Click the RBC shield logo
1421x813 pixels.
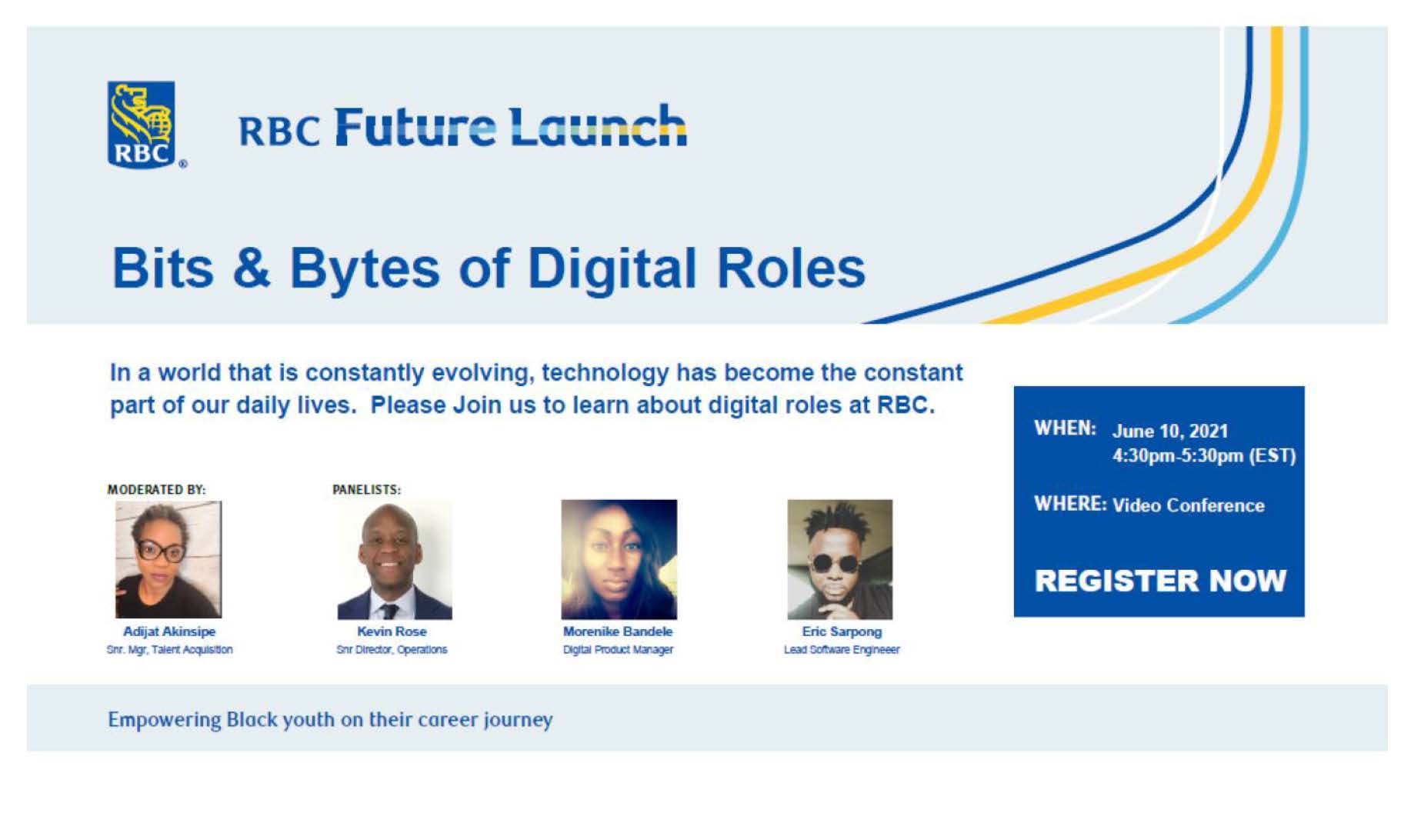(x=142, y=125)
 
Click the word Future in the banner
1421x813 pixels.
(x=415, y=127)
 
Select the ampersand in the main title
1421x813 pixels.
(x=252, y=268)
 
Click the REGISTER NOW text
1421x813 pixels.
(x=1160, y=581)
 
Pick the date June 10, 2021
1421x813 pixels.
(x=1170, y=431)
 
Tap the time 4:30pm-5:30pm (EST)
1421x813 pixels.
(x=1204, y=455)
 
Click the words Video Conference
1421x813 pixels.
(x=1189, y=505)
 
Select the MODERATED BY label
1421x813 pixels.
(x=156, y=489)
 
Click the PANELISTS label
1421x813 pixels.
(x=366, y=489)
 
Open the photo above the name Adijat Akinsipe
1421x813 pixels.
(x=168, y=559)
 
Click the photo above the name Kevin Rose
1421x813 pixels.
(x=395, y=560)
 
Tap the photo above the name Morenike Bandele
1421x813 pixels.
(x=619, y=559)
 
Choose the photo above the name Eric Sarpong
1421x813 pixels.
(x=840, y=559)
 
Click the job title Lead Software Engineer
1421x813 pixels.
(x=842, y=650)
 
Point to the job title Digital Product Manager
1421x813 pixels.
(x=618, y=650)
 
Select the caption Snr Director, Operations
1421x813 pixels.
(x=392, y=650)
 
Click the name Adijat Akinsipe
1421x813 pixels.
(x=169, y=631)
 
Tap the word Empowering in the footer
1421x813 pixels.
(x=164, y=720)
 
